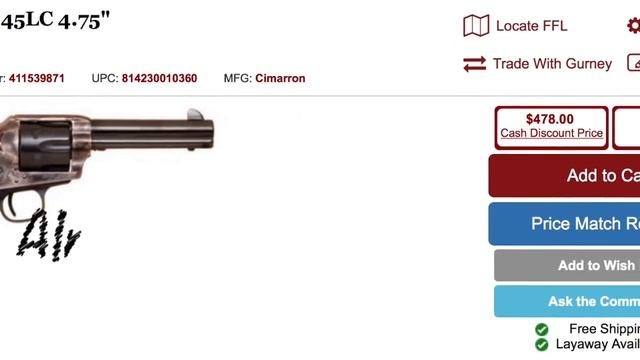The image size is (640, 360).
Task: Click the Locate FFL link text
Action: pyautogui.click(x=531, y=26)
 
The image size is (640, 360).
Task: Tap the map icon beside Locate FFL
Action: pyautogui.click(x=476, y=26)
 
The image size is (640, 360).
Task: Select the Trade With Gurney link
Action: pyautogui.click(x=552, y=64)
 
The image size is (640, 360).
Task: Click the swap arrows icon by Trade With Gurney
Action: pyautogui.click(x=474, y=64)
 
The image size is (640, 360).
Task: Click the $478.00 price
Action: pyautogui.click(x=550, y=119)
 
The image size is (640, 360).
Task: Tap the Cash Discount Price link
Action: pyautogui.click(x=551, y=133)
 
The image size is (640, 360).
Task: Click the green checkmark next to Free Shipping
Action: pyautogui.click(x=541, y=329)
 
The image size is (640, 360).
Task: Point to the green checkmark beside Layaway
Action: pyautogui.click(x=541, y=344)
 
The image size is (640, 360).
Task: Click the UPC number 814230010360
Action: pyautogui.click(x=159, y=78)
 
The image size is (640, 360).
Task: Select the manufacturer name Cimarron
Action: pyautogui.click(x=280, y=78)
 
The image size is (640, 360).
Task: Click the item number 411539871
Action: pyautogui.click(x=37, y=78)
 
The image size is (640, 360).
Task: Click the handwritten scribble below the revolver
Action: pyautogui.click(x=48, y=233)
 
